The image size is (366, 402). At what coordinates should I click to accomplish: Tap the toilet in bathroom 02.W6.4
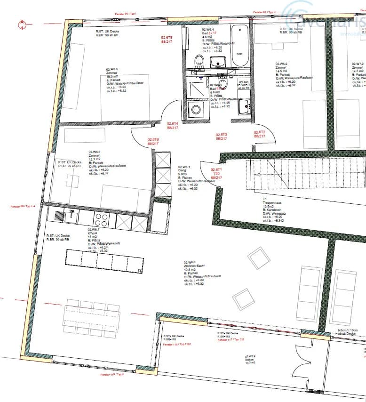(199, 60)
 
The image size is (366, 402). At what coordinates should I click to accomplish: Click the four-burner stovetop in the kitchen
(102, 219)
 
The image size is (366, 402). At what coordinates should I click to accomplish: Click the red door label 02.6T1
(216, 170)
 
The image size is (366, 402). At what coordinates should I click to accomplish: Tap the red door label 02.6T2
(260, 132)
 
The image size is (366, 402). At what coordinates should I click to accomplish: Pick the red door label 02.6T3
(221, 135)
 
